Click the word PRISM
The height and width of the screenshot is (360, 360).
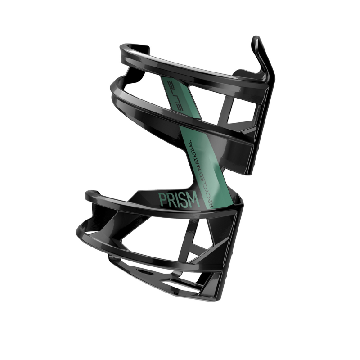click(179, 199)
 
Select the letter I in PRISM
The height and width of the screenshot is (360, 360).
click(176, 199)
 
